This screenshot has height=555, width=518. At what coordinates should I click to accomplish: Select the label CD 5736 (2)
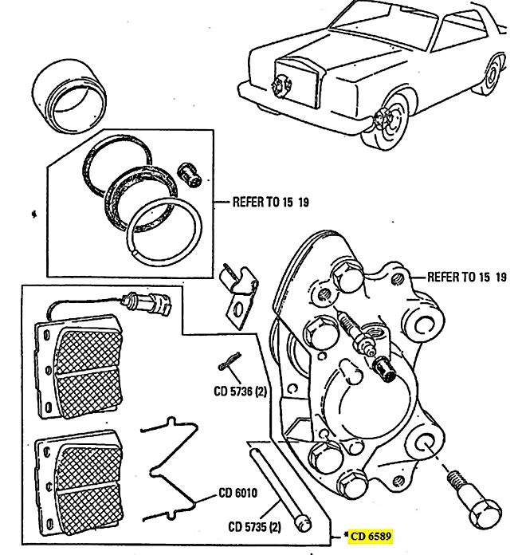(x=236, y=392)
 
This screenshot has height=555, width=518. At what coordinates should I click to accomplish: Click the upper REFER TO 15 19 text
(x=270, y=202)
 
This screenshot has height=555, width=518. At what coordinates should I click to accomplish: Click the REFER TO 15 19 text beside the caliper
(x=467, y=277)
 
